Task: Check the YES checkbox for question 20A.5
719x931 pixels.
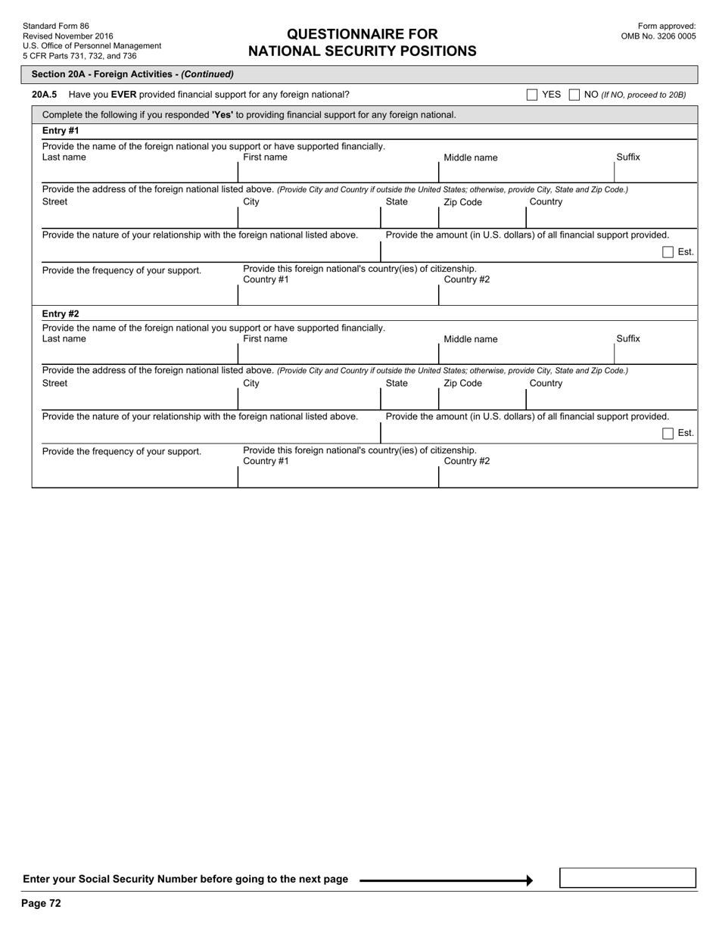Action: (532, 95)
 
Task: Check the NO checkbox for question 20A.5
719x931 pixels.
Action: (574, 95)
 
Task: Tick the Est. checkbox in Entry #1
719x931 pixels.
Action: (668, 252)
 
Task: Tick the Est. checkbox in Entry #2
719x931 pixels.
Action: (668, 434)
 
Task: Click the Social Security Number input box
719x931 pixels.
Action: (627, 878)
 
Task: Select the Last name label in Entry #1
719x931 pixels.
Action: (64, 157)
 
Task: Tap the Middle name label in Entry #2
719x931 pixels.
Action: (471, 339)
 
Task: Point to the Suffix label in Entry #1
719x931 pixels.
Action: (628, 157)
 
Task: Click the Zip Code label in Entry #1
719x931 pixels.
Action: (462, 202)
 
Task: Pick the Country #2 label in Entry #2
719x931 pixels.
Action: (467, 461)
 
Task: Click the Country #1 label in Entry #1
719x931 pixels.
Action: (266, 279)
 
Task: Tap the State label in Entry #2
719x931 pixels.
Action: (397, 383)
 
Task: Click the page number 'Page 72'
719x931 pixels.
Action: (42, 903)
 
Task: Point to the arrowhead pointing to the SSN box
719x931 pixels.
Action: (529, 880)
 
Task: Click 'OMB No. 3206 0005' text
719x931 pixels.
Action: (658, 36)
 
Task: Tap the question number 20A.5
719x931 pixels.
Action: (45, 95)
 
